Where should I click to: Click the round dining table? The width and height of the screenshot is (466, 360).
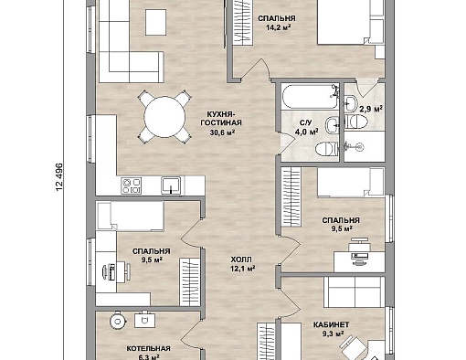tap(164, 117)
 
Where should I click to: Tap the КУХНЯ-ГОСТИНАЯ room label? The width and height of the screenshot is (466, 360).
tap(220, 119)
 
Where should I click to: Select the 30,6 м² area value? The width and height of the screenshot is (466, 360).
tap(222, 132)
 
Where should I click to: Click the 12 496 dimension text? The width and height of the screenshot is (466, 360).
tap(59, 177)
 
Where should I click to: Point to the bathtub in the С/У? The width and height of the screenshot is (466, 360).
tap(310, 97)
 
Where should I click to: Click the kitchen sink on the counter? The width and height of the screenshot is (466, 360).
tap(171, 185)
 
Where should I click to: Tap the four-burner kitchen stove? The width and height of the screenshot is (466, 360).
tap(131, 185)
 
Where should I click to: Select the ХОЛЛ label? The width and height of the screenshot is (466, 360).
tap(241, 259)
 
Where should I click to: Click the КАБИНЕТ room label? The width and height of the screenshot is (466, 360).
tap(331, 324)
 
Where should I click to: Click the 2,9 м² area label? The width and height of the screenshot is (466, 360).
tap(371, 109)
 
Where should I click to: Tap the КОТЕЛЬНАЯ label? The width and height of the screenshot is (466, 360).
tap(148, 348)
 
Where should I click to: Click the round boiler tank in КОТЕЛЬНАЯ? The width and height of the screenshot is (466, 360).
tap(118, 322)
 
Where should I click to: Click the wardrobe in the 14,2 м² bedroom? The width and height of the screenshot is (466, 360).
tap(243, 23)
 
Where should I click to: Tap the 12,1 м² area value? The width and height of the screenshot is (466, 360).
tap(243, 269)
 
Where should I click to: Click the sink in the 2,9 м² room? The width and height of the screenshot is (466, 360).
tap(351, 102)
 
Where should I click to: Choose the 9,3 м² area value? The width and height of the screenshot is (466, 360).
tap(334, 334)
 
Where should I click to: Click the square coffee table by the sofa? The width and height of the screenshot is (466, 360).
tap(156, 22)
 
